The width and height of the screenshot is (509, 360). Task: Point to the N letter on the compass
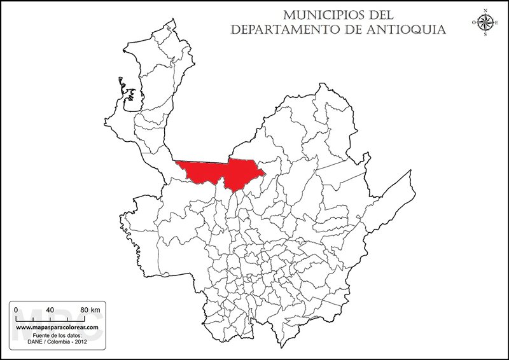pyautogui.click(x=485, y=10)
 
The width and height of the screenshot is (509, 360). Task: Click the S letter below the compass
pyautogui.click(x=485, y=35)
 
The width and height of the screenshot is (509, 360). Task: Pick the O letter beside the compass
pyautogui.click(x=473, y=23)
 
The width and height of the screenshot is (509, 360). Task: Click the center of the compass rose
pyautogui.click(x=485, y=23)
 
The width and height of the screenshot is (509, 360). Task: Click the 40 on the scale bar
pyautogui.click(x=50, y=310)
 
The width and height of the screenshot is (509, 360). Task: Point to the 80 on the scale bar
pyautogui.click(x=84, y=310)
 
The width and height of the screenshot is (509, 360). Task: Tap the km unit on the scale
pyautogui.click(x=96, y=310)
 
